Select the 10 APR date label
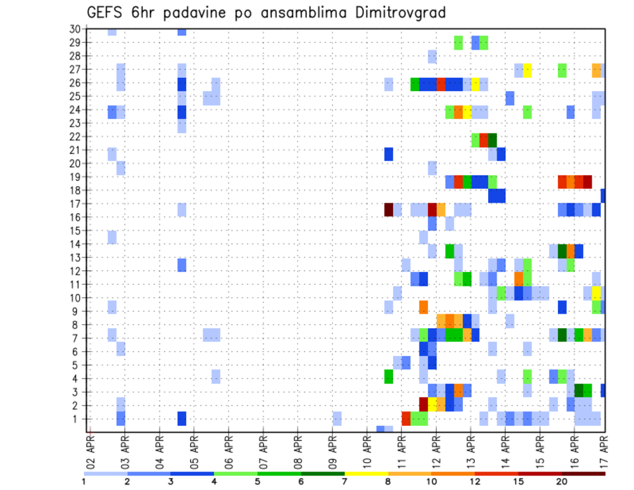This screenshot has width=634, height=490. click(367, 452)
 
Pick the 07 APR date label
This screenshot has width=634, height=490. click(263, 452)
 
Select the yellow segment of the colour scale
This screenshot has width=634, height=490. click(366, 473)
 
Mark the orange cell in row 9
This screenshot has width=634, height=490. click(423, 307)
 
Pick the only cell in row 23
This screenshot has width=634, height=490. click(182, 123)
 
